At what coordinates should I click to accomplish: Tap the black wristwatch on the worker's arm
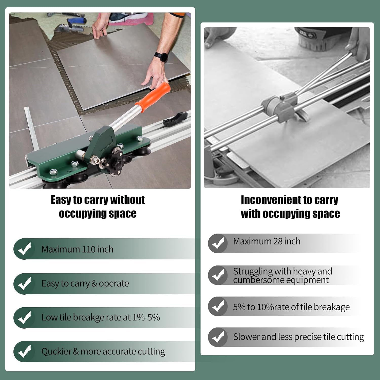(x=161, y=57)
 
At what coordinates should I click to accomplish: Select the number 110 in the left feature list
(x=89, y=249)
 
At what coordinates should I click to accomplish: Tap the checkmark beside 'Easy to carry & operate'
(x=24, y=283)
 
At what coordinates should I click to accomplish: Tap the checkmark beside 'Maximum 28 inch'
(x=218, y=243)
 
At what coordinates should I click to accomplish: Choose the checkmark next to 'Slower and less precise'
(x=218, y=337)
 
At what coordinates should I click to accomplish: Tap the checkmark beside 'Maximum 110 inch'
(x=24, y=249)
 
